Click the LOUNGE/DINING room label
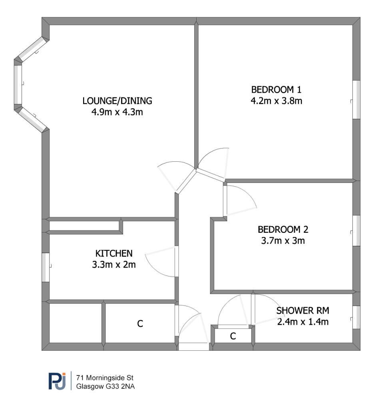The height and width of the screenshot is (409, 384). tap(117, 101)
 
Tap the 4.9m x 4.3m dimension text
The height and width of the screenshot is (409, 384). tap(117, 112)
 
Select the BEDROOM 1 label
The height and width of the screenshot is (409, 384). tap(276, 89)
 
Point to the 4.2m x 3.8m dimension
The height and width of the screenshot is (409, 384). tap(276, 101)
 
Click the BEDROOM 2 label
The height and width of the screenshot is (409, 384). tap(283, 229)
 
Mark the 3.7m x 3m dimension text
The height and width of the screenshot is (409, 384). tap(283, 240)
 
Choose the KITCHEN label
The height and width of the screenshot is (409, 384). tap(114, 253)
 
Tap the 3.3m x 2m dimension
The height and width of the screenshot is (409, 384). tap(114, 264)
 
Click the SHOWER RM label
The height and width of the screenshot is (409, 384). tap(302, 310)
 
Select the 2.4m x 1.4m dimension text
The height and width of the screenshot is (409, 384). tap(302, 322)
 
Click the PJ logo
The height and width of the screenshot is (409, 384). tap(58, 381)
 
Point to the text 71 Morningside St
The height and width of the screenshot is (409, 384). tap(105, 378)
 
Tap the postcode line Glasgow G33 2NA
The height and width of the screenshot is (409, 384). tap(105, 386)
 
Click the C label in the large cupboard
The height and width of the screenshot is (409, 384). tap(140, 324)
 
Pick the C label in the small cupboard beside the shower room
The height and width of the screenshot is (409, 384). tap(233, 336)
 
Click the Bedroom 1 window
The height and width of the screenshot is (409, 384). tap(356, 99)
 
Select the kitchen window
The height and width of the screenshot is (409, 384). tap(46, 267)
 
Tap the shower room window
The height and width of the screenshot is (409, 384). tap(356, 317)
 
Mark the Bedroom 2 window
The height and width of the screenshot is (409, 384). tap(356, 230)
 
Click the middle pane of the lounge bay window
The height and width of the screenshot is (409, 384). tap(18, 85)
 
